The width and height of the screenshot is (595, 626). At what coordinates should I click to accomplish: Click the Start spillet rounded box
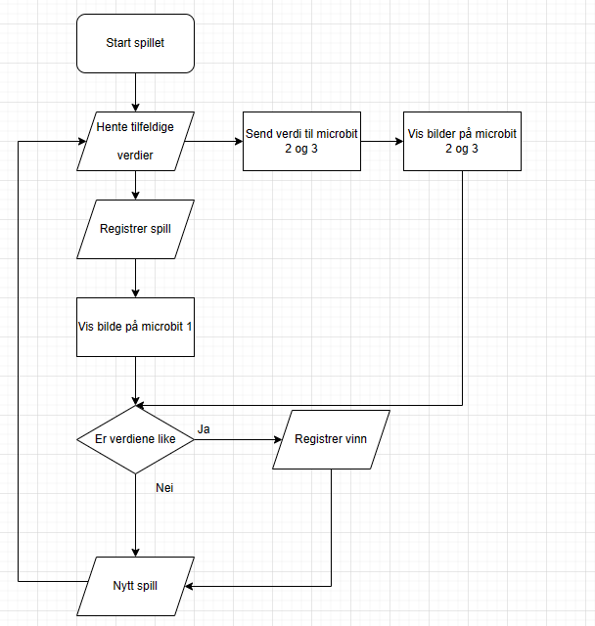click(135, 44)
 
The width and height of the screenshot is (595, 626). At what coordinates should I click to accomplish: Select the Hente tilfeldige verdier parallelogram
click(136, 141)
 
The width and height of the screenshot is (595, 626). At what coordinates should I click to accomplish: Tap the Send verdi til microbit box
click(301, 141)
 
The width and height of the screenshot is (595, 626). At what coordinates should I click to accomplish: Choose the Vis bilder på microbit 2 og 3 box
click(461, 141)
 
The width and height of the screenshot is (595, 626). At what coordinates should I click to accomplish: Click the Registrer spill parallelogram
click(136, 230)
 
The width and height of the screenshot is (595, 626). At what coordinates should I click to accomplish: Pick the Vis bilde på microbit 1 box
click(135, 326)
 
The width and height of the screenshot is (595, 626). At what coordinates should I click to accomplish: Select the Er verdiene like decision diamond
click(135, 439)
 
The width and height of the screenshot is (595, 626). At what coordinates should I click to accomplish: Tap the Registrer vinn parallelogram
click(331, 439)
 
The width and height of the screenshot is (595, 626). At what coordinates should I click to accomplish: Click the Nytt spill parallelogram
click(135, 586)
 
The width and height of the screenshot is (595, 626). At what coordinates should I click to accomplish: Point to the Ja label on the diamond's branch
click(204, 429)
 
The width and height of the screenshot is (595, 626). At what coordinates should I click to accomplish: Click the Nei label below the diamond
click(164, 486)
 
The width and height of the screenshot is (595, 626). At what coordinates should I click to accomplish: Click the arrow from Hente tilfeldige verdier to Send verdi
click(213, 141)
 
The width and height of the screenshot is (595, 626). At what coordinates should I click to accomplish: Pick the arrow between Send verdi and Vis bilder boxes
click(382, 141)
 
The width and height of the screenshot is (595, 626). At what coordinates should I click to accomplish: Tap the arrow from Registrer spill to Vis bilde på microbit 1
click(135, 278)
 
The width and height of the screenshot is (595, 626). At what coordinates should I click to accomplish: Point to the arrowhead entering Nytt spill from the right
click(190, 587)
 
